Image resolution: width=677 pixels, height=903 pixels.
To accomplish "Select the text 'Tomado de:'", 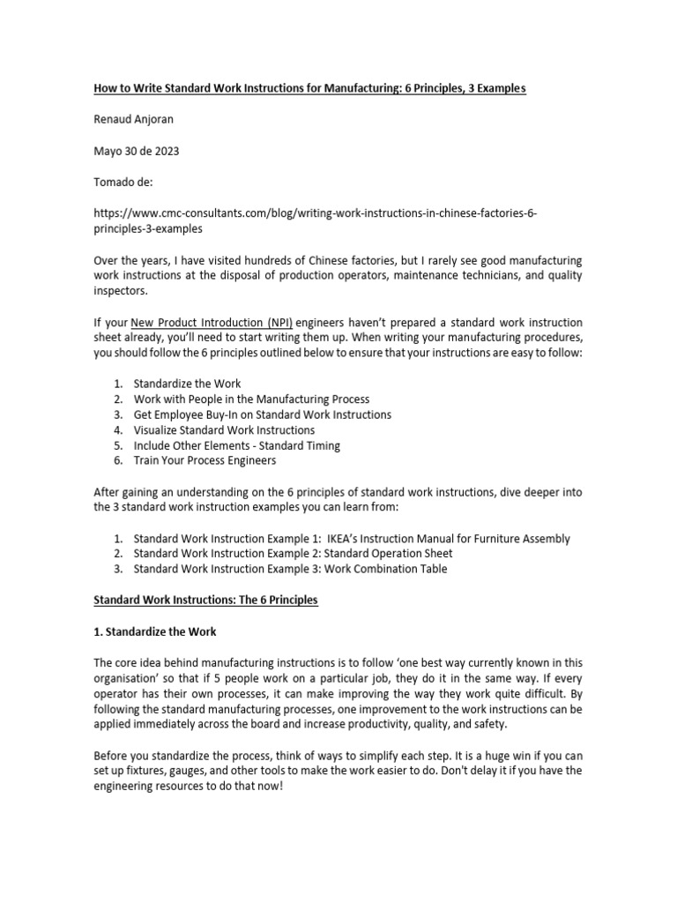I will coord(123,182).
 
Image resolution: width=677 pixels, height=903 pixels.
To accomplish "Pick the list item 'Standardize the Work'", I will coord(187,384).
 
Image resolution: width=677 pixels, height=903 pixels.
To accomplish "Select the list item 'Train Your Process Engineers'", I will coord(205,460).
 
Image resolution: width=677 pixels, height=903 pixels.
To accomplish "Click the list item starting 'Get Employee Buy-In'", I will coord(262,414).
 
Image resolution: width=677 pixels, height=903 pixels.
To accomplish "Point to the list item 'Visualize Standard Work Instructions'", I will coord(224,429).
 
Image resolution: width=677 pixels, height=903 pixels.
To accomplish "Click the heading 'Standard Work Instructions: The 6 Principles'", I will coord(205,601).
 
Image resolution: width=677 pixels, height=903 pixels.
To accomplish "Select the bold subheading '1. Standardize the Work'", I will coord(154,631).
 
